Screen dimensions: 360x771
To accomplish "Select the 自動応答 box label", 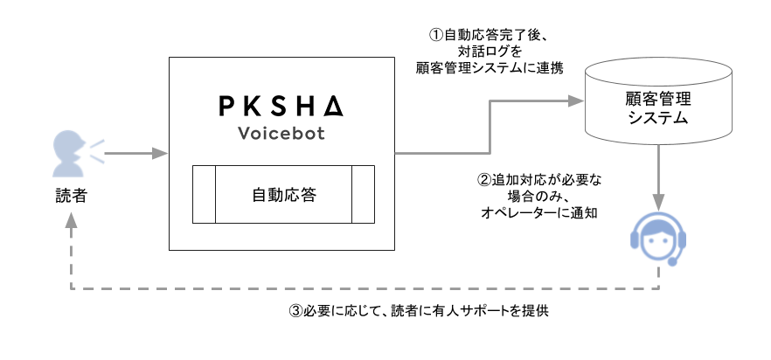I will point(283,194).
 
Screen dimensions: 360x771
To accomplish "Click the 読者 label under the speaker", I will point(69,197).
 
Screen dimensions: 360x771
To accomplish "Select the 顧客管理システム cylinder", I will point(658,105).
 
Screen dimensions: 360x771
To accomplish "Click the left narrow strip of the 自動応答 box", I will point(204,194).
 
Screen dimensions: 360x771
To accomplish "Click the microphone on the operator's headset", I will point(671,261).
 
